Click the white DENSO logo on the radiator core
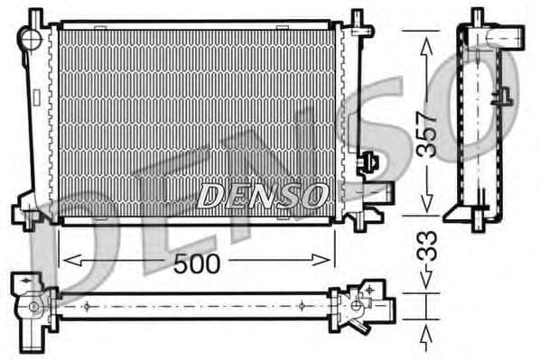262,194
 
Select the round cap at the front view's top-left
32,39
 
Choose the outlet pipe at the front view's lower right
378,190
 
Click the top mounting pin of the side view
478,17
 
